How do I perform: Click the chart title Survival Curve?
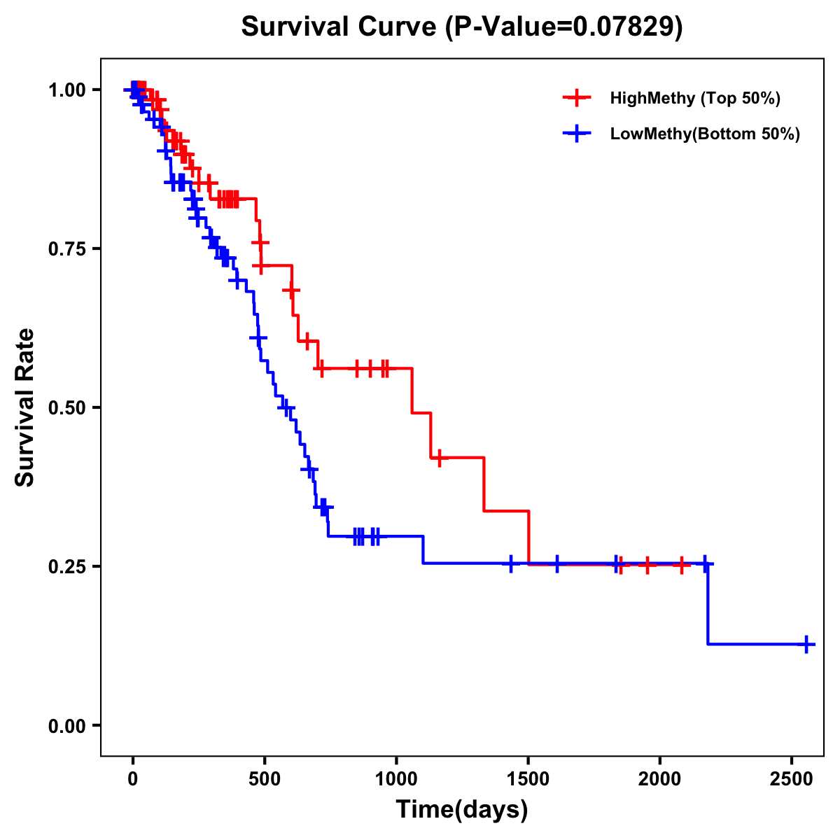[x=342, y=27]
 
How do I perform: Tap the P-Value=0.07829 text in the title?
[x=564, y=27]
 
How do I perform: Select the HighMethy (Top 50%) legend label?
[x=695, y=98]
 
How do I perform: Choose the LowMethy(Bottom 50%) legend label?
[x=705, y=134]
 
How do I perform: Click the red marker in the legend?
[x=577, y=98]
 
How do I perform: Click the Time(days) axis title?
[x=462, y=810]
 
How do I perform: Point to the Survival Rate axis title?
[x=26, y=407]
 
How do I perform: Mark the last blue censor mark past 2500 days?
[x=806, y=644]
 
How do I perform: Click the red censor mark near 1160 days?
[x=439, y=458]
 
